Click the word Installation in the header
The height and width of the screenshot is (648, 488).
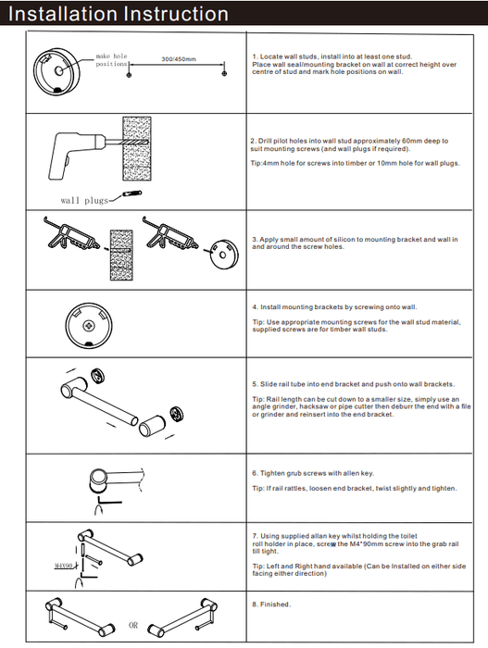pyautogui.click(x=62, y=14)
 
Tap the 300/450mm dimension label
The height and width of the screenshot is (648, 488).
pyautogui.click(x=179, y=59)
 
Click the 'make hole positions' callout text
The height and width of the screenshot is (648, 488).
pyautogui.click(x=112, y=60)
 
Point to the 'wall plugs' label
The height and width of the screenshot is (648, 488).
pyautogui.click(x=84, y=201)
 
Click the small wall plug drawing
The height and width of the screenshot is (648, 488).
pyautogui.click(x=132, y=193)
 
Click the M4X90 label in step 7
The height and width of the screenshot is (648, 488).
pyautogui.click(x=64, y=565)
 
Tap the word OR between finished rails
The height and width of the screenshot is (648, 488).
pyautogui.click(x=133, y=625)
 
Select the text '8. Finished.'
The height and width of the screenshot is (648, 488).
pyautogui.click(x=271, y=604)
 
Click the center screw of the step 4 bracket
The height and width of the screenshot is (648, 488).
pyautogui.click(x=89, y=326)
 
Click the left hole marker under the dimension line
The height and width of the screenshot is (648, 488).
pyautogui.click(x=129, y=74)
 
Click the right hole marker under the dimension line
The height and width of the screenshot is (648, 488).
pyautogui.click(x=225, y=73)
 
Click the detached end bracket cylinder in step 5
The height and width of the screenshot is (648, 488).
pyautogui.click(x=152, y=427)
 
